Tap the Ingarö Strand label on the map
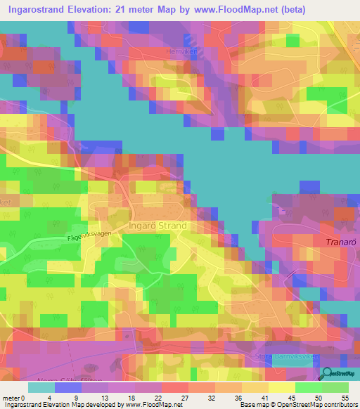click(x=158, y=226)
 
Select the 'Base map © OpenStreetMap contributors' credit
click(x=297, y=404)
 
